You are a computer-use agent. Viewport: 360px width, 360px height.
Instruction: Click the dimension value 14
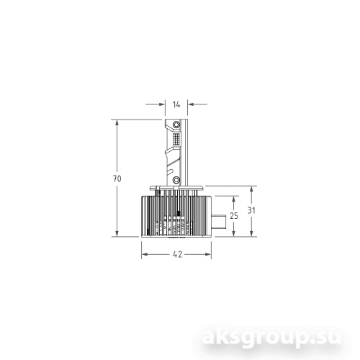176,104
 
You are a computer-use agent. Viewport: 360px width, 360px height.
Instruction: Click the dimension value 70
117,178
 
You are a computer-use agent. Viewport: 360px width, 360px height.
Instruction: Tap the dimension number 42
176,254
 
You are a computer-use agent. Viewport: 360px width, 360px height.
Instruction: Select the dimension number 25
234,215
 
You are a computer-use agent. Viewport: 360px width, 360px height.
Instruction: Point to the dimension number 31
250,211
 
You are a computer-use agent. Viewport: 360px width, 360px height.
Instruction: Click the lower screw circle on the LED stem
176,179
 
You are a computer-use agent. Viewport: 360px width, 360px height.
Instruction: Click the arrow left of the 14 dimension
161,104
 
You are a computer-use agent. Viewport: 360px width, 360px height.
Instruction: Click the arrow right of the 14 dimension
191,104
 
